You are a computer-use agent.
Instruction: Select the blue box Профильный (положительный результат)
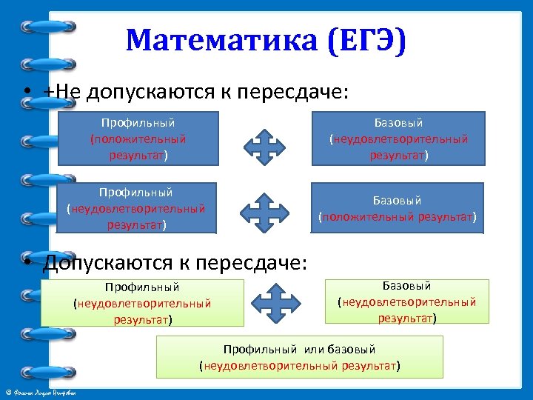coord(138,138)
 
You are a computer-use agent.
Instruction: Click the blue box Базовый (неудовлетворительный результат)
coord(398,138)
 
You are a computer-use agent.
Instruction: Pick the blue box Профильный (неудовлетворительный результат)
coord(136,208)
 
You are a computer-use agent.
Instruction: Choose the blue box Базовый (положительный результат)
coord(397,208)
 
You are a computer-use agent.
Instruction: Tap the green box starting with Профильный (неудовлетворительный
coord(142,302)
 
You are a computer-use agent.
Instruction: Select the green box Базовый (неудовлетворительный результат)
coord(407,301)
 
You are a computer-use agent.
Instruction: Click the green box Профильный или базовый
coord(299,357)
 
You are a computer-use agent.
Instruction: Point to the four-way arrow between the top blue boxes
coord(264,145)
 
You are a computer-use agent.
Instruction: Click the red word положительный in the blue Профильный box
coord(138,139)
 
